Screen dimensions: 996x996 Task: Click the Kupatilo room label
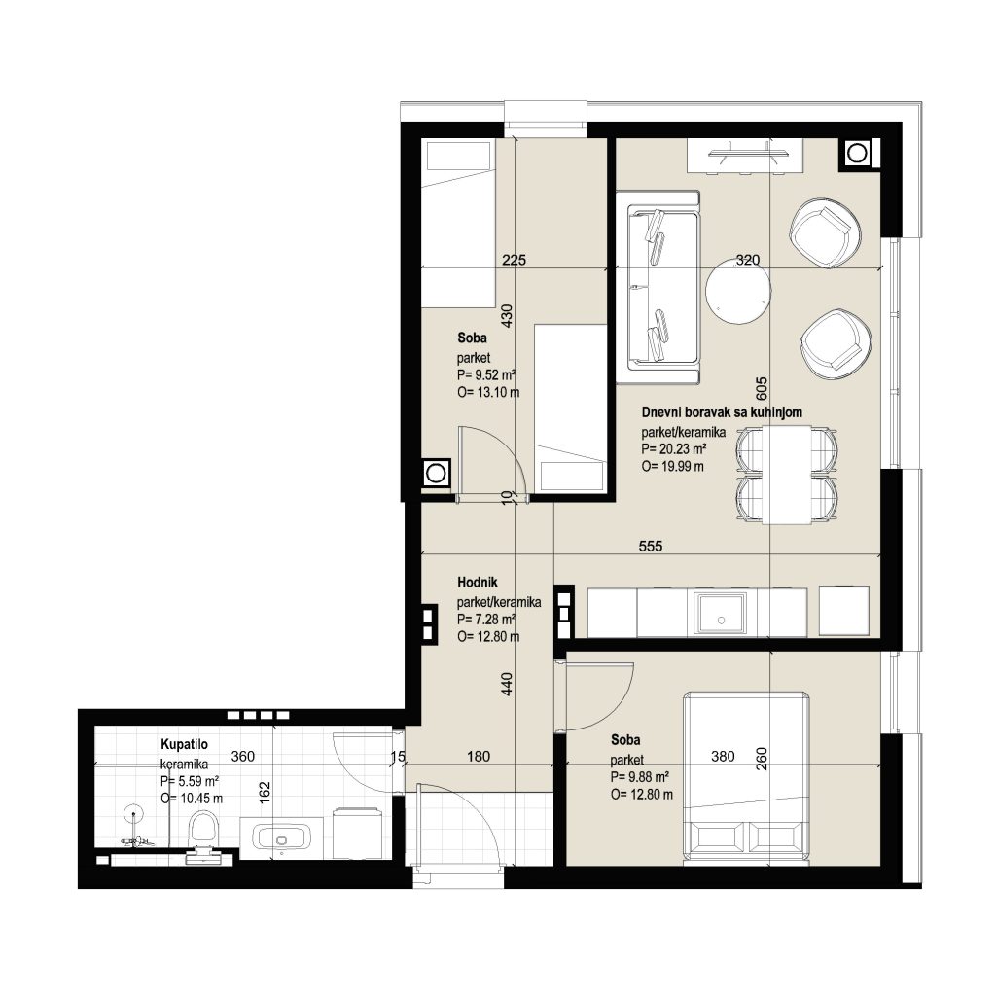click(184, 744)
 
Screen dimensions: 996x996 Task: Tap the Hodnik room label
click(477, 582)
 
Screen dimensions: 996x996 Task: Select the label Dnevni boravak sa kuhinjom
click(722, 412)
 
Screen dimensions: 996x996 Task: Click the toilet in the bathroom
click(204, 833)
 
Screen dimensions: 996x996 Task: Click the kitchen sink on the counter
click(721, 614)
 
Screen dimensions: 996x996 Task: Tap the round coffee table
click(739, 291)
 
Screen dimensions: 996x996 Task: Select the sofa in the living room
click(658, 287)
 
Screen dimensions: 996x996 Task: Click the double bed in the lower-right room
click(746, 777)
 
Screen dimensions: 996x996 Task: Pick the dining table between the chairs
click(787, 475)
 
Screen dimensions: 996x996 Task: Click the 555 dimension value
click(651, 546)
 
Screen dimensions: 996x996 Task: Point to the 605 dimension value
click(762, 388)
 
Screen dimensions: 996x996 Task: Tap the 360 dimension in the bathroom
click(242, 756)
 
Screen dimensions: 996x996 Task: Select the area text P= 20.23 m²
click(674, 449)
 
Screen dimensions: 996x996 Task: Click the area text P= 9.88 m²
click(640, 777)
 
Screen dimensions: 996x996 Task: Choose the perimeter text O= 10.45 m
click(192, 799)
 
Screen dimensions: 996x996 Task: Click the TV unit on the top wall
click(744, 156)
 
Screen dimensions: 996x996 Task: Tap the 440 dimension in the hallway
click(506, 684)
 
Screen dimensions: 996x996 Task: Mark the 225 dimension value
click(514, 259)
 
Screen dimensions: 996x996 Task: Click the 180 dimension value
click(479, 756)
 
